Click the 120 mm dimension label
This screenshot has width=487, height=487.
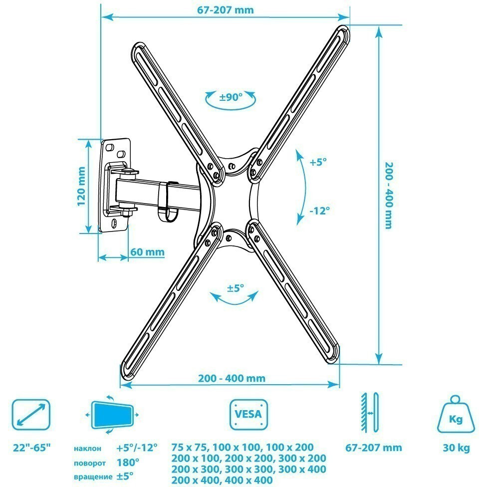tap(81, 186)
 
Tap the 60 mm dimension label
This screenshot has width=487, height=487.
tap(147, 251)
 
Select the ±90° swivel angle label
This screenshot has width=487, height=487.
tap(231, 97)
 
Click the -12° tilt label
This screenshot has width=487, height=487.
tap(319, 211)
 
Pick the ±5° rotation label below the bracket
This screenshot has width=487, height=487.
tap(236, 288)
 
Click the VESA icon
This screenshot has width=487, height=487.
tap(248, 414)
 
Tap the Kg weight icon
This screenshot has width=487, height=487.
tap(456, 414)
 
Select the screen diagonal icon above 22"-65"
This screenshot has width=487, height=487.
tap(31, 415)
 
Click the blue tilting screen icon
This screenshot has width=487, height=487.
tap(112, 415)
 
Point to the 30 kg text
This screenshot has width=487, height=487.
tap(456, 448)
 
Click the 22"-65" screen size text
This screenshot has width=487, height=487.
tap(31, 448)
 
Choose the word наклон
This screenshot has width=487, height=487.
tap(88, 449)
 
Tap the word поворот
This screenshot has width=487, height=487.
tap(90, 464)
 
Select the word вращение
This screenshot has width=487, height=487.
tap(93, 477)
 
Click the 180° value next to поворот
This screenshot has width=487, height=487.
tap(128, 463)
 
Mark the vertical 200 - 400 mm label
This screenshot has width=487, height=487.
tap(389, 196)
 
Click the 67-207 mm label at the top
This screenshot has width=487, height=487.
tap(226, 10)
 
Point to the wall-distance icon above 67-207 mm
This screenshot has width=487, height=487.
tap(369, 413)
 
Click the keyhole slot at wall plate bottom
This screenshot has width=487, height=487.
tap(114, 223)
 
